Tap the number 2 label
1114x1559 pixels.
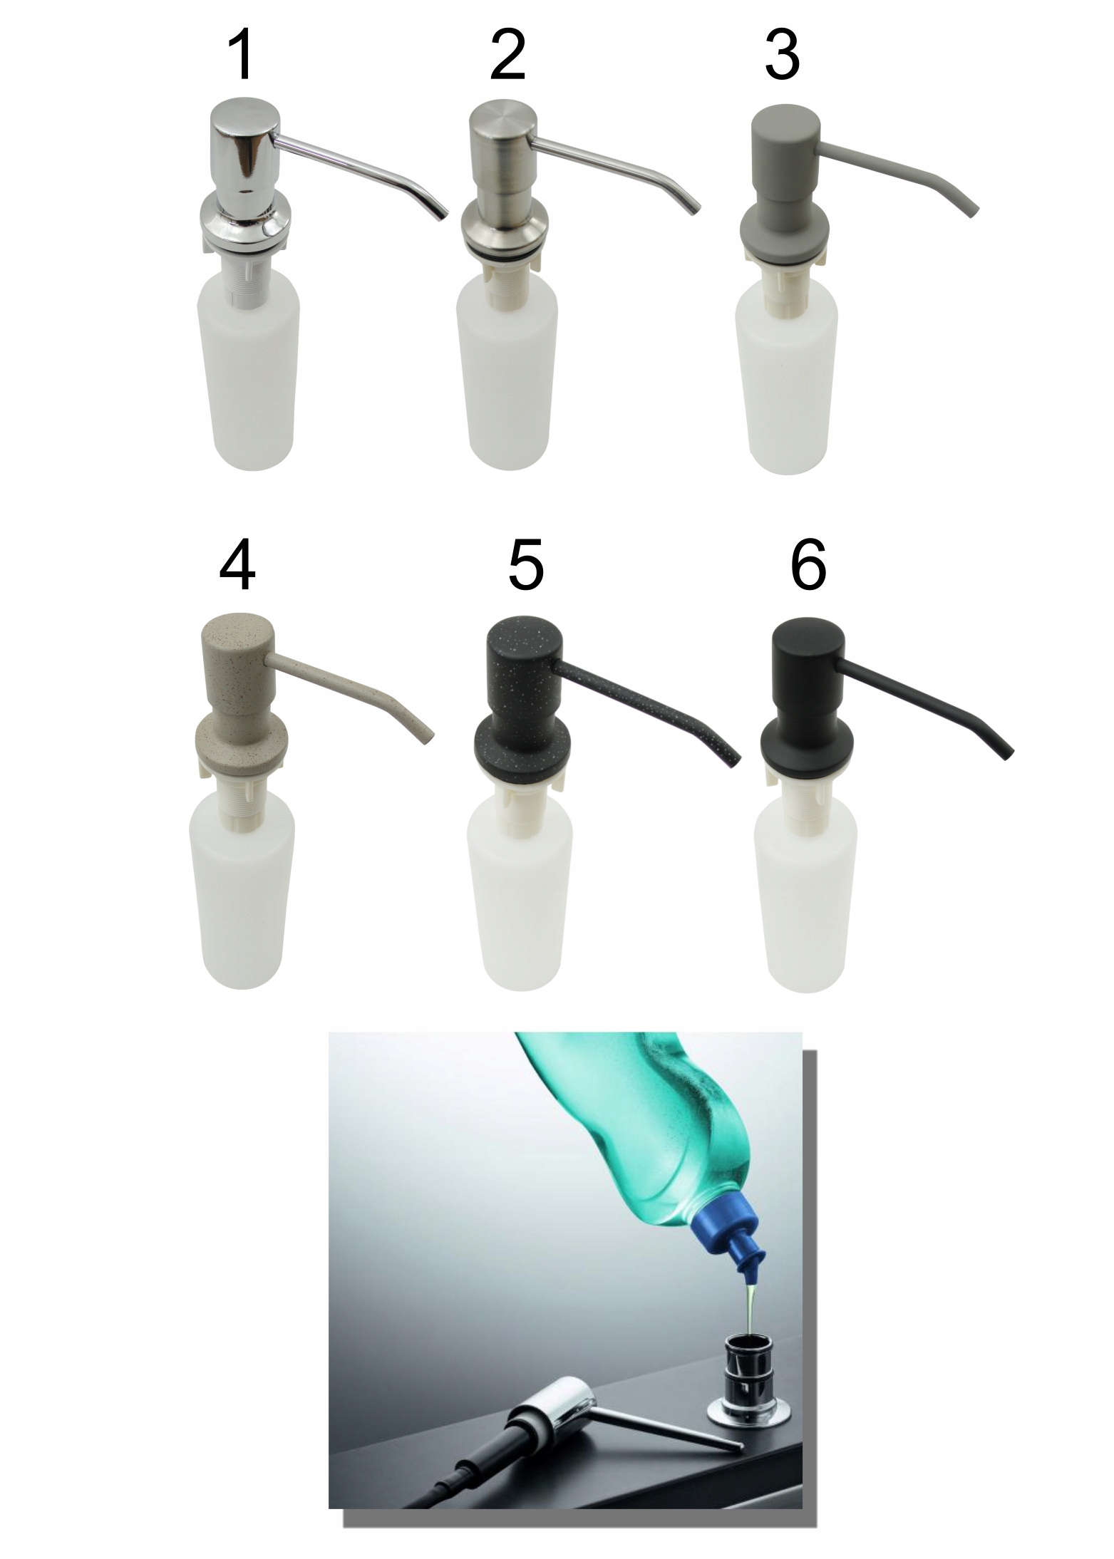[509, 56]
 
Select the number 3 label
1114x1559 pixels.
[782, 56]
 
